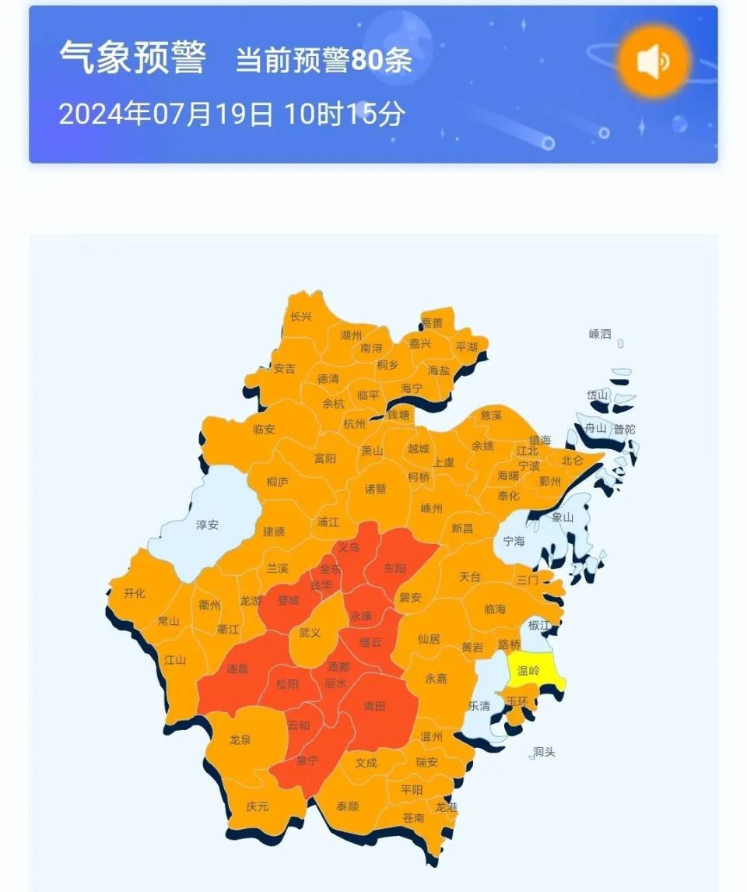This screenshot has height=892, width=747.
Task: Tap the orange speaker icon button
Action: click(654, 61)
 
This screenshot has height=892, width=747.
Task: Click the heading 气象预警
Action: click(132, 58)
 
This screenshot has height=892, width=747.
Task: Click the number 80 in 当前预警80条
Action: click(366, 61)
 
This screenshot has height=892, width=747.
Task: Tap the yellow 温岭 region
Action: click(528, 669)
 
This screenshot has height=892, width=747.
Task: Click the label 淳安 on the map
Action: click(207, 525)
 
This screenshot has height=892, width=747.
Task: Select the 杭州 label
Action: click(353, 424)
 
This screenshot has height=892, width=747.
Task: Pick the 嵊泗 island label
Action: click(600, 334)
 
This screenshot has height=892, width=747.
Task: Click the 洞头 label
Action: click(544, 752)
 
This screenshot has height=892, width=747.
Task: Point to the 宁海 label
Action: click(514, 540)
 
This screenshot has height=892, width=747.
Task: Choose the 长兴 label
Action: click(300, 317)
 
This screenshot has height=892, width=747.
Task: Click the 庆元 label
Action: click(257, 806)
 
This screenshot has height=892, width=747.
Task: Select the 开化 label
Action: click(135, 593)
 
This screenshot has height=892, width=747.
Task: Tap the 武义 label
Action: click(310, 633)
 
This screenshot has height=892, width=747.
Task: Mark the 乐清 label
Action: click(479, 705)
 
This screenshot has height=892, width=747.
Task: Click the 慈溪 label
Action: click(491, 416)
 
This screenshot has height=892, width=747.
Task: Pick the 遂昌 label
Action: click(237, 668)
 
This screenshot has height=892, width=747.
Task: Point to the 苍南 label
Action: click(413, 817)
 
